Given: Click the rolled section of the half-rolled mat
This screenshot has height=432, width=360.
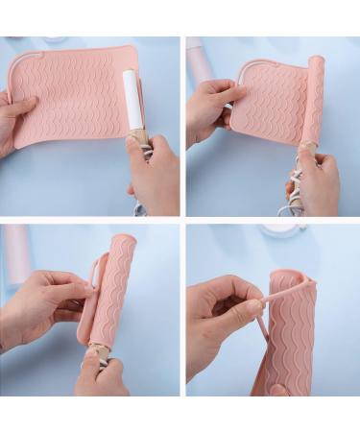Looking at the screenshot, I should [x=312, y=106].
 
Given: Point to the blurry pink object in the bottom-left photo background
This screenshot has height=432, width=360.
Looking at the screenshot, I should [x=16, y=254].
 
